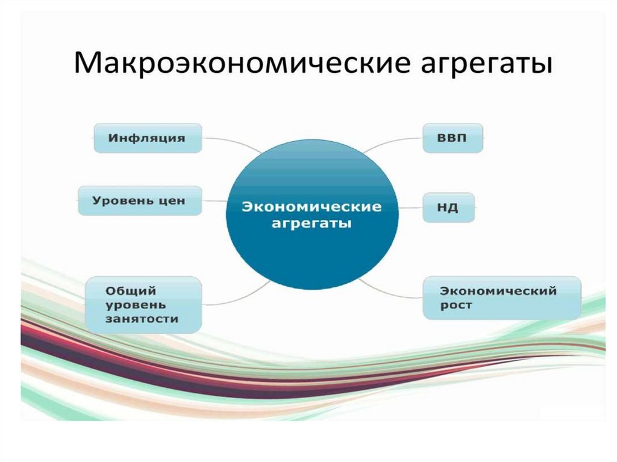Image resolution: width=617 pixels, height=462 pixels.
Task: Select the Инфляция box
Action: pyautogui.click(x=147, y=138)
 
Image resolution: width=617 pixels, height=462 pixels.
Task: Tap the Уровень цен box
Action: pyautogui.click(x=139, y=201)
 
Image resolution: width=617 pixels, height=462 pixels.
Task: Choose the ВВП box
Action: pyautogui.click(x=452, y=138)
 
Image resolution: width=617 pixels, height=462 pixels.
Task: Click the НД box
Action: pyautogui.click(x=448, y=208)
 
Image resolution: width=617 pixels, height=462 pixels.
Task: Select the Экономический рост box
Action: pyautogui.click(x=501, y=298)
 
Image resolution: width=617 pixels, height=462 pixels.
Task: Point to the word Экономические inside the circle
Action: pyautogui.click(x=312, y=207)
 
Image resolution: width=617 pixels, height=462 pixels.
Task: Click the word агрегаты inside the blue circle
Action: pyautogui.click(x=312, y=223)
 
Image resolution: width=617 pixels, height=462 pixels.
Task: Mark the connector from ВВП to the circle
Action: pyautogui.click(x=392, y=143)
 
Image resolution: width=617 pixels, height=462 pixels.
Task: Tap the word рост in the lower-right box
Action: pyautogui.click(x=456, y=305)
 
